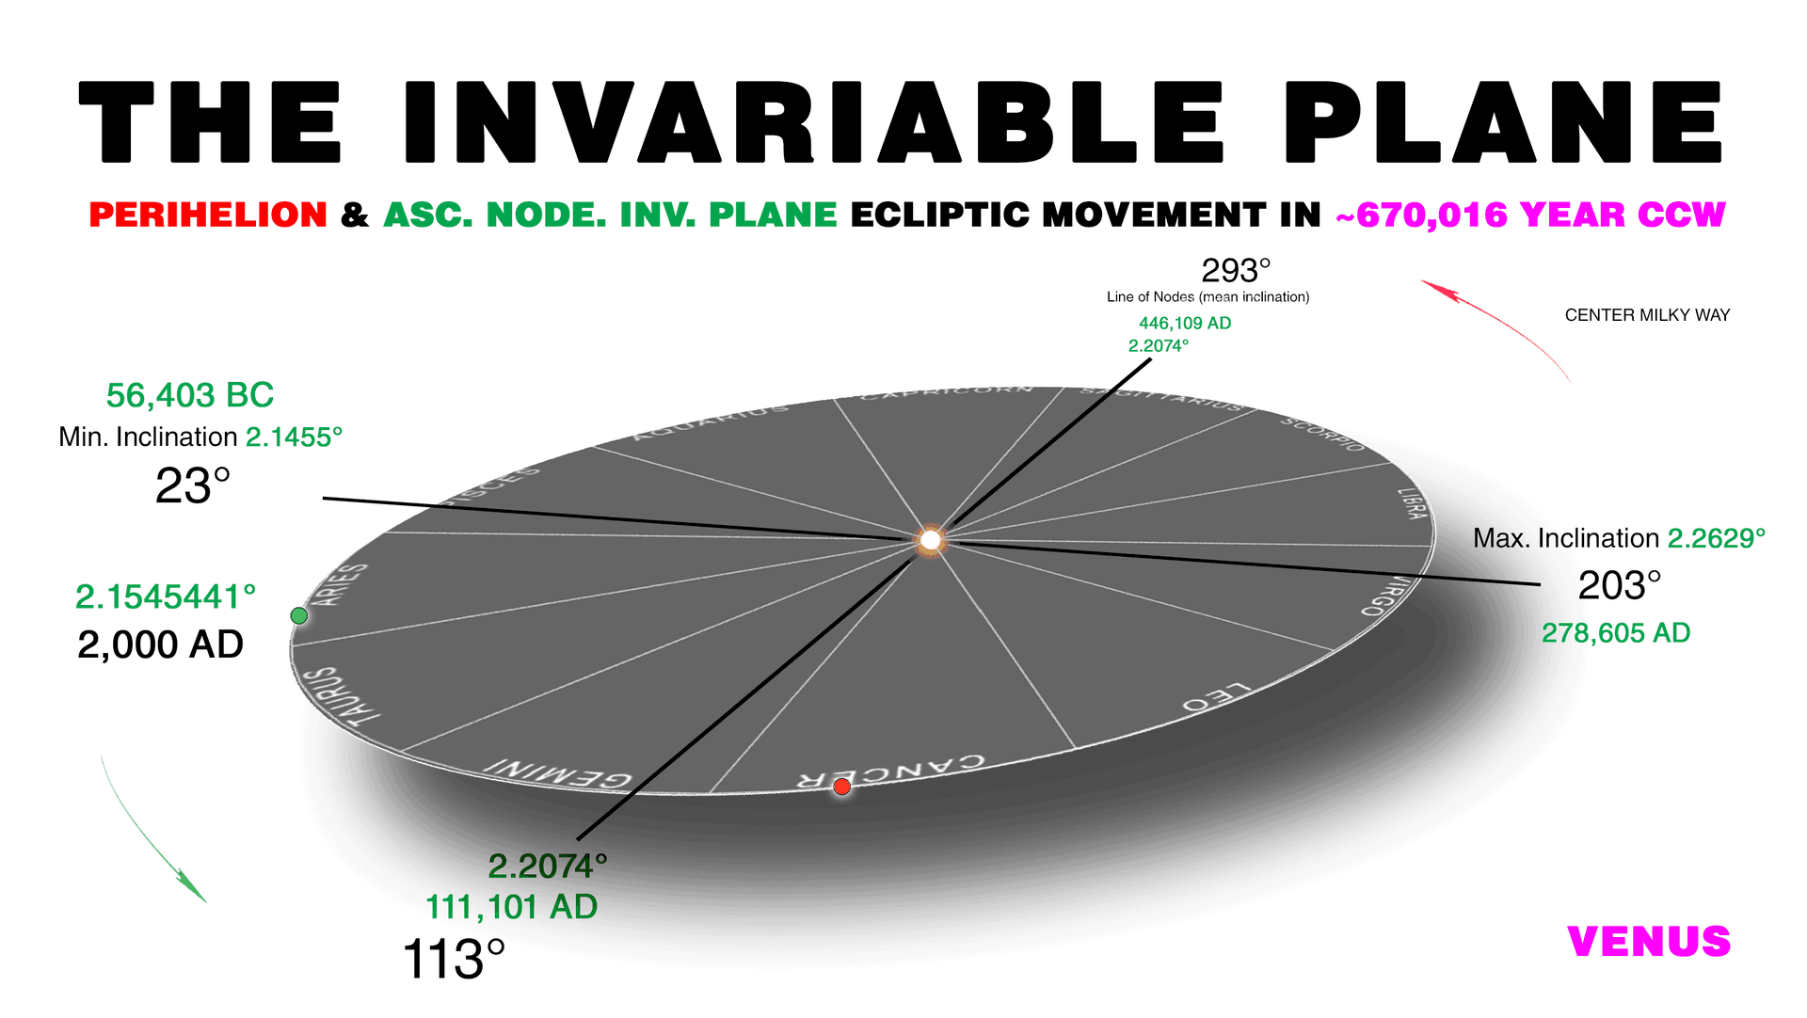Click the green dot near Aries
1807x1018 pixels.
299,615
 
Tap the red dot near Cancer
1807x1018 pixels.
842,787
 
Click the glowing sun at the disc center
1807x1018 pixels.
930,540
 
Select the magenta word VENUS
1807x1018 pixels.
1649,942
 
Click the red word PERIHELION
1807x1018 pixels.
208,215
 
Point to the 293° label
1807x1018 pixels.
1236,271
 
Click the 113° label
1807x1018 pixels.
454,960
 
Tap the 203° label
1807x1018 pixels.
1619,586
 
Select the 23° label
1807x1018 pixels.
192,486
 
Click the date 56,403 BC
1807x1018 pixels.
190,396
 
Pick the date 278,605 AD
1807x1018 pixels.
1615,633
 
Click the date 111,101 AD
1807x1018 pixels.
511,907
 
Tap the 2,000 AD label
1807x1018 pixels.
160,645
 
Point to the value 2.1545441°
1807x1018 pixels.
166,596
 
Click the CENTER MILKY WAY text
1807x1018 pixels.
1647,315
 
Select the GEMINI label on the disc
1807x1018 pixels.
557,773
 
